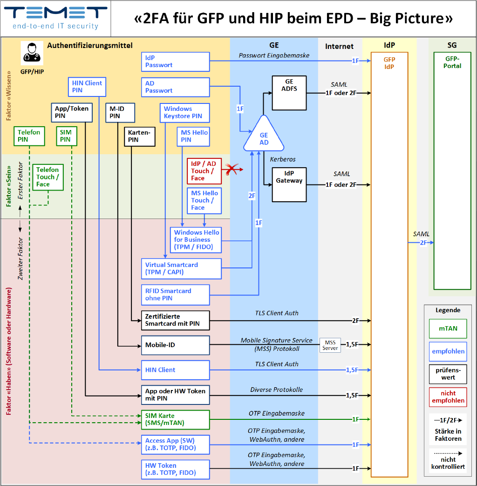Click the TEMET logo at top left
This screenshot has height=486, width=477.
click(x=55, y=18)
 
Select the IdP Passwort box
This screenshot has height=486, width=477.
click(x=175, y=62)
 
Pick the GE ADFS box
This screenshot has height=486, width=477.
click(x=289, y=93)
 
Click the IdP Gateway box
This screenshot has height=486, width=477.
click(x=289, y=185)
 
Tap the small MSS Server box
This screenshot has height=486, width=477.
click(x=330, y=345)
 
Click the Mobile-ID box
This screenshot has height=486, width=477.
click(x=175, y=345)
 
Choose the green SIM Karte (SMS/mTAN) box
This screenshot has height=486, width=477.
click(x=175, y=419)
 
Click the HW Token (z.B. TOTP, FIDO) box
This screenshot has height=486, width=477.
click(x=175, y=469)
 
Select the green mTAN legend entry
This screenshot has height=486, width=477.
click(x=448, y=329)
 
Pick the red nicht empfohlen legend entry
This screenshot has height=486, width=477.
click(x=448, y=397)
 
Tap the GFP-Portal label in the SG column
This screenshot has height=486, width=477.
click(x=452, y=62)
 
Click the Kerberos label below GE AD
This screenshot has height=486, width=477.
click(x=283, y=159)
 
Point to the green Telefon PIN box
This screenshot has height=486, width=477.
click(x=29, y=136)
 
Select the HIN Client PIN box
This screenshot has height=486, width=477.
click(x=87, y=87)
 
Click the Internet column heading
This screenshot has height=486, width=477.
click(x=339, y=46)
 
